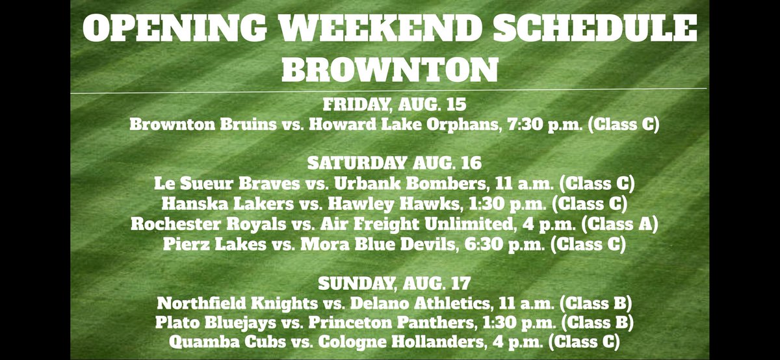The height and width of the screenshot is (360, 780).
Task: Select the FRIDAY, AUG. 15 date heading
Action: (x=390, y=105)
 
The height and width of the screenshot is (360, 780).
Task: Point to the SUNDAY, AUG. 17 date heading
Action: (x=390, y=284)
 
